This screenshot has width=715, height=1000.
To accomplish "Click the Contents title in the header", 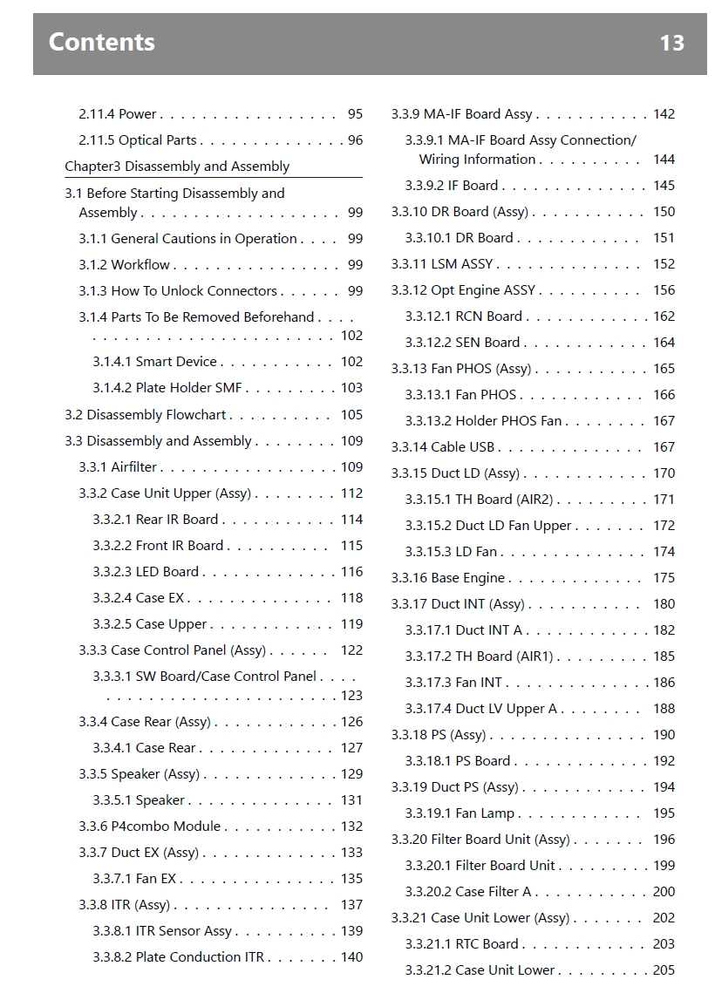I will point(102,42).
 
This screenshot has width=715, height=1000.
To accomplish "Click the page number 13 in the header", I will point(671,43).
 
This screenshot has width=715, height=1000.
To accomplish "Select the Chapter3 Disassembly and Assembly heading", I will point(177,167).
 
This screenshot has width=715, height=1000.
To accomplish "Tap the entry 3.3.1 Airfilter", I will point(118,467).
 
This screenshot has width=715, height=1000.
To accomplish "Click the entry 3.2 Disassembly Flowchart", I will point(145,415).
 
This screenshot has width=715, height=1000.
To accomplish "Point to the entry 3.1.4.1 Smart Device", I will point(154,362).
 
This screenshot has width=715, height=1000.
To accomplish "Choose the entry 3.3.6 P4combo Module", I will point(150,827).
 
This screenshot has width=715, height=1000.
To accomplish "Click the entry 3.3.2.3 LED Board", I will point(146,572).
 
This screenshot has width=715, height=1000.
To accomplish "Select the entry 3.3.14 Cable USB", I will point(442,447).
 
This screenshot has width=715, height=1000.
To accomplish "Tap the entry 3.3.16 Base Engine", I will point(447,578).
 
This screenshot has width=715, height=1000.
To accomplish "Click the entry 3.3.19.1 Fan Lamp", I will point(460,813).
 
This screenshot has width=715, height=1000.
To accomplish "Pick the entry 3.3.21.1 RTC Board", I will point(461,944).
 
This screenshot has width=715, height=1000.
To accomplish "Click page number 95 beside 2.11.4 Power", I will point(355,114).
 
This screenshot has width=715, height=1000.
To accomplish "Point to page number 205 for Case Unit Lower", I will point(664,970).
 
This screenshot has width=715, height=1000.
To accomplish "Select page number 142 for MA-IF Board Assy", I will point(664,114).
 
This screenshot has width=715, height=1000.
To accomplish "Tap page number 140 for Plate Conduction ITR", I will point(351,957).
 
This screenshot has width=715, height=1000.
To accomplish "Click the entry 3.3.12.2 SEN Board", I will point(462,343).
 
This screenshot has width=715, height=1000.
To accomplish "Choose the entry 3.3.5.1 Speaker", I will point(139,800).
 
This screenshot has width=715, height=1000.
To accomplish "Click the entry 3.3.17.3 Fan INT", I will point(453,683).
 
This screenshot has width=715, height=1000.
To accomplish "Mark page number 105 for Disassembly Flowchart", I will point(351,415).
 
